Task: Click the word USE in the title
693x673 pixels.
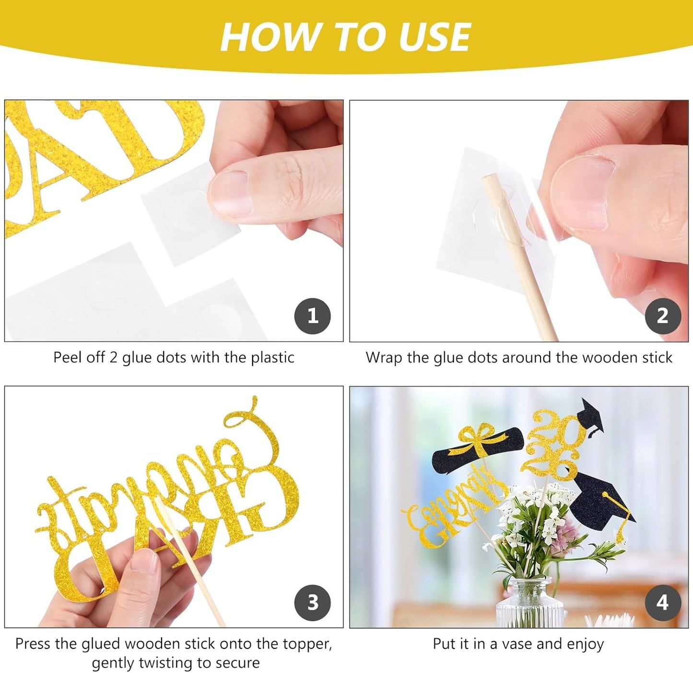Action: [435, 37]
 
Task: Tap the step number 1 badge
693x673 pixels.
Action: [312, 316]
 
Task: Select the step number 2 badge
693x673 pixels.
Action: [663, 316]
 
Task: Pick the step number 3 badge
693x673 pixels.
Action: [312, 602]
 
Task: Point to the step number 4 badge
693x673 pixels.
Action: [663, 602]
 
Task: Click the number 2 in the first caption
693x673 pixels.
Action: [113, 357]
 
